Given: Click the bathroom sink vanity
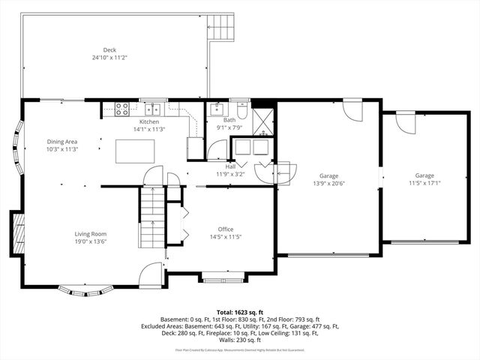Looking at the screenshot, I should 216,109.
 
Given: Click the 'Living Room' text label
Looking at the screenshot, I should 90,233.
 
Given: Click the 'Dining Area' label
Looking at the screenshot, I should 63,142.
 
